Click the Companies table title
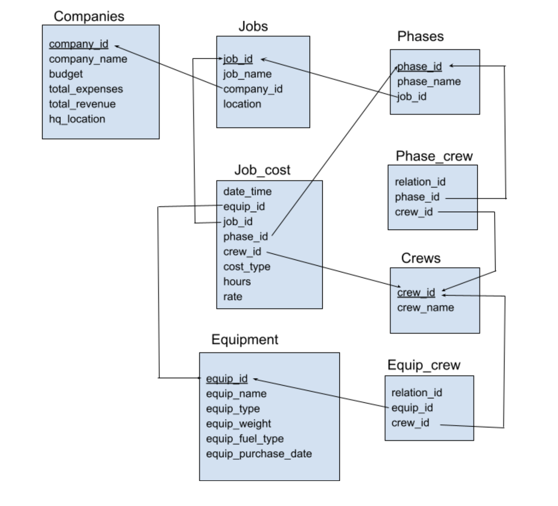(x=89, y=16)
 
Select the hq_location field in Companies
(x=77, y=119)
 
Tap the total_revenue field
(x=82, y=104)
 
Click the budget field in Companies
(x=66, y=74)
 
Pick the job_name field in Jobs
(x=247, y=74)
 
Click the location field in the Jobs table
(x=242, y=104)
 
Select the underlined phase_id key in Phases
(x=419, y=66)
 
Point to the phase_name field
(x=429, y=81)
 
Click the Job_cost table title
(x=262, y=170)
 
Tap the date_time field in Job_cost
(x=247, y=191)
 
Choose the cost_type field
(x=246, y=267)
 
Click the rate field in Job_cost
(x=232, y=297)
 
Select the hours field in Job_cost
(x=237, y=282)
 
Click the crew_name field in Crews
(x=425, y=308)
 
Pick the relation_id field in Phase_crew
(x=420, y=182)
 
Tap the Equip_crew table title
(x=424, y=365)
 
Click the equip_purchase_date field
(x=259, y=454)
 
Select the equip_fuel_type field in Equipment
(x=245, y=439)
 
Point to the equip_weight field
(x=238, y=424)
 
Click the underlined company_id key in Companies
(x=78, y=44)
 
